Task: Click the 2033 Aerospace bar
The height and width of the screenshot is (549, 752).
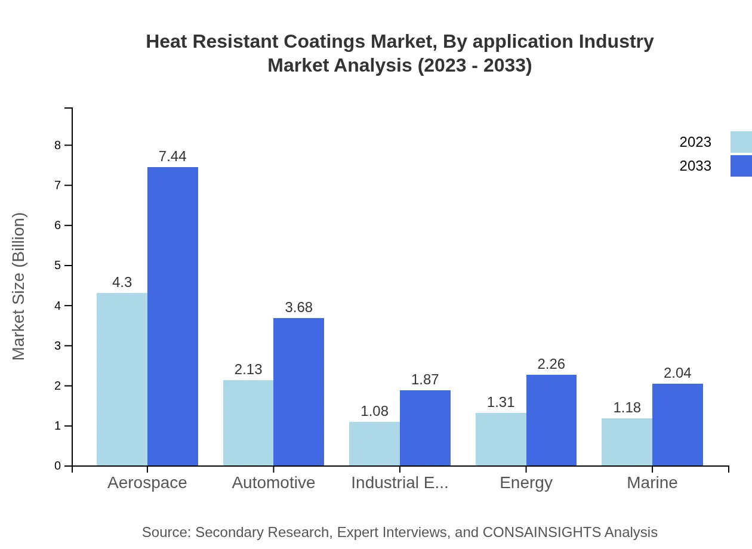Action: click(172, 316)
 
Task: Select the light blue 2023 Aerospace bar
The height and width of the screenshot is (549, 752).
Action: click(122, 379)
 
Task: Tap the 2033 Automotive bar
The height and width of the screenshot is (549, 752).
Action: click(298, 391)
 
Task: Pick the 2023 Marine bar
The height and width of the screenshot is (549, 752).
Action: click(627, 442)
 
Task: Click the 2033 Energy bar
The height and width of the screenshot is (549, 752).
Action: click(551, 420)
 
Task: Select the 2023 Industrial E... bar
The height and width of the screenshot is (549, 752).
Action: click(374, 443)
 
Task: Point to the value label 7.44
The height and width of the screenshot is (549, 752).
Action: click(172, 156)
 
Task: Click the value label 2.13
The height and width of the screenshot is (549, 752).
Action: click(248, 369)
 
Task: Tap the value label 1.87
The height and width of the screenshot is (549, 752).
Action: click(425, 380)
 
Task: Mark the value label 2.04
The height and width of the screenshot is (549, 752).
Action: click(677, 373)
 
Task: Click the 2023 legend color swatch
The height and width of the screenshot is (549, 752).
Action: click(741, 142)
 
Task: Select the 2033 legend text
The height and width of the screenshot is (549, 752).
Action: click(695, 166)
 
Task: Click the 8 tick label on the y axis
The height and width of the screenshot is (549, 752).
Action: click(58, 145)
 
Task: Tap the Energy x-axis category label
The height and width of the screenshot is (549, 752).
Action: click(526, 483)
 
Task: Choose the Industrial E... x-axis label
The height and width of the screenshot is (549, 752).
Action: click(399, 483)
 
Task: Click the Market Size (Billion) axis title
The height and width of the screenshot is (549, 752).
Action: click(19, 286)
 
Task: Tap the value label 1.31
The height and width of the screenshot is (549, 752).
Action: click(501, 402)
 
